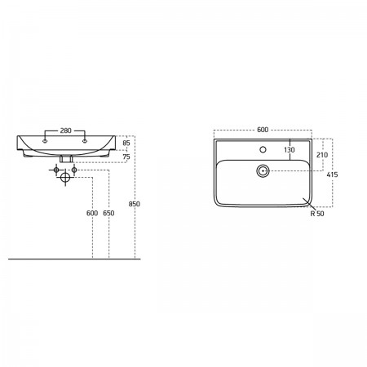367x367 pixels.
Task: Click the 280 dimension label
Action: click(65, 130)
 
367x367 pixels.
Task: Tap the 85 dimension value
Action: click(126, 143)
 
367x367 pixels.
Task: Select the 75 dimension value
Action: click(126, 157)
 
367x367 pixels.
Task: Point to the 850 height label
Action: click(135, 204)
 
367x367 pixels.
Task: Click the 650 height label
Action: click(108, 213)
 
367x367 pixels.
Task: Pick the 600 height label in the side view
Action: click(92, 213)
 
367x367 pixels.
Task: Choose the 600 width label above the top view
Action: click(263, 130)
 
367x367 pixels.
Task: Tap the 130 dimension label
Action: click(290, 150)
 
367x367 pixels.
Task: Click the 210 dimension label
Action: click(322, 155)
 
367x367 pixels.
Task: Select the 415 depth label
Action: click(332, 175)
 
